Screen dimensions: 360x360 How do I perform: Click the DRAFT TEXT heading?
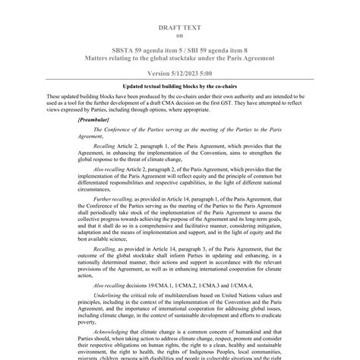coord(179,27)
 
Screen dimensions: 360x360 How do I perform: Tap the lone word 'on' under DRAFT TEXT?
coord(179,35)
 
